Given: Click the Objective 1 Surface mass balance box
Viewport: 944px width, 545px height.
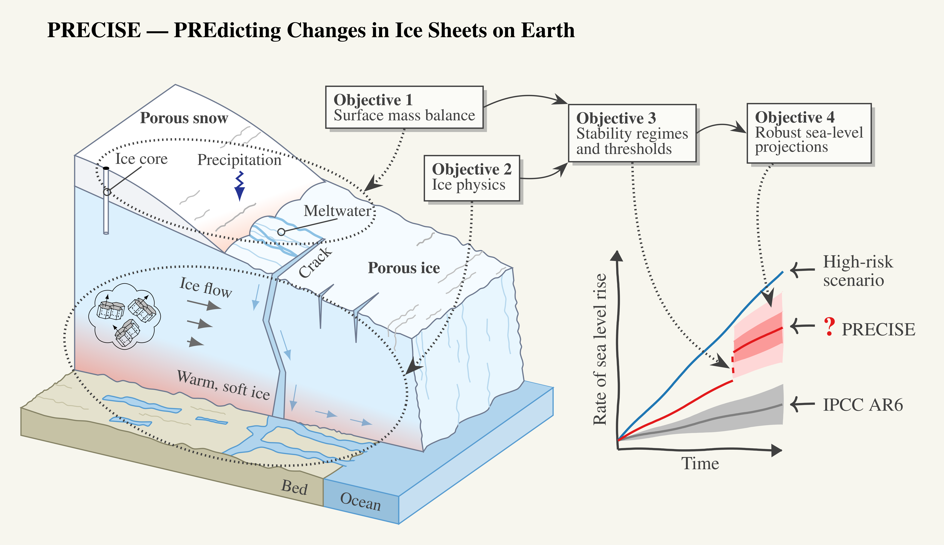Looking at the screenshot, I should click(x=404, y=107).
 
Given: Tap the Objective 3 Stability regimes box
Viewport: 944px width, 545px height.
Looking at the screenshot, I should click(x=632, y=133).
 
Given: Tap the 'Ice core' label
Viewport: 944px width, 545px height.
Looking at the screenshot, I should click(x=141, y=159).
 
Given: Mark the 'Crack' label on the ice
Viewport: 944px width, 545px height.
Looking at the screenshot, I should click(x=315, y=262).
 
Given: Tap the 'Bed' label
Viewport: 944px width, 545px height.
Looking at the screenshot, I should click(x=294, y=487).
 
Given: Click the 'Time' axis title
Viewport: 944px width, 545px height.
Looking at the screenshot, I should click(x=700, y=463).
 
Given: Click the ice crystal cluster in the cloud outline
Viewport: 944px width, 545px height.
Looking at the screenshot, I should click(x=125, y=316).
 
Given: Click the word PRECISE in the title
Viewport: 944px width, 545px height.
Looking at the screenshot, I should click(x=94, y=30).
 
